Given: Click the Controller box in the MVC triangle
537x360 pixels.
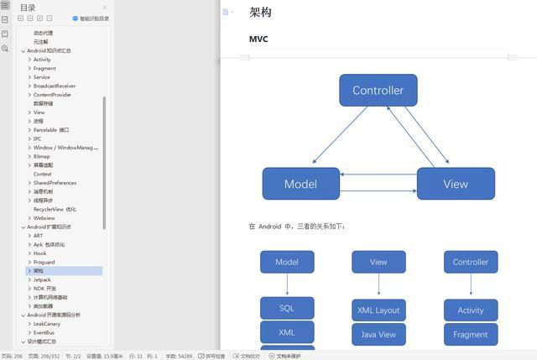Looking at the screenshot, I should (x=378, y=91).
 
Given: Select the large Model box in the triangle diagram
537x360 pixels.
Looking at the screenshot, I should (x=300, y=184).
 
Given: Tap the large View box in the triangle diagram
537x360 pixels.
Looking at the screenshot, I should (x=456, y=184).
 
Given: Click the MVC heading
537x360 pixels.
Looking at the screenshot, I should (x=258, y=39).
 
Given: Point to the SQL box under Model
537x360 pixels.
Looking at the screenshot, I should (x=287, y=308).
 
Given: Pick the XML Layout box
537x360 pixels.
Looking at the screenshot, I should (x=378, y=310).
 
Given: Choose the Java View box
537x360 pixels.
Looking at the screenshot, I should (x=378, y=334).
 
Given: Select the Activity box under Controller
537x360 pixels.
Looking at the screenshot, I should (x=471, y=310).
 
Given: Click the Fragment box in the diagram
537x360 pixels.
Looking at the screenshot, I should (x=471, y=334).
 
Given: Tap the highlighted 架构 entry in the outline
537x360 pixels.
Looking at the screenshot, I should (x=39, y=271).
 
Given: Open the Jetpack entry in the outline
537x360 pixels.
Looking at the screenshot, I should (x=42, y=279).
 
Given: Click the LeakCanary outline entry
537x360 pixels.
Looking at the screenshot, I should (x=47, y=324).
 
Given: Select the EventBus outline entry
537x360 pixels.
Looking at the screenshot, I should (x=44, y=332).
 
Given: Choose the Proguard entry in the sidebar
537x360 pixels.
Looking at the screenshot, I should (x=44, y=262).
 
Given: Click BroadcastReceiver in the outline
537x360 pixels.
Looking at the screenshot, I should (x=55, y=86).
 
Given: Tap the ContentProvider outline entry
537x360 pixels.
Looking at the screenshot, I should (x=52, y=95).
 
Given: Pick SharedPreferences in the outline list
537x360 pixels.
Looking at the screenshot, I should (x=55, y=183).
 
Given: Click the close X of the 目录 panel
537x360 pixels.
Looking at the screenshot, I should (x=105, y=8).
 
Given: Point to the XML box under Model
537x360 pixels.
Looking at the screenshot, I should (x=287, y=332).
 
